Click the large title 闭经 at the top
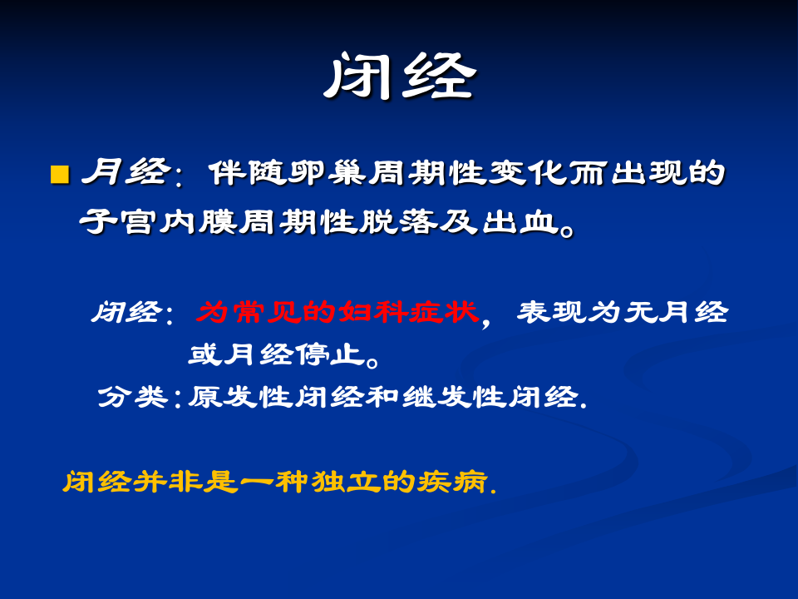coord(399,78)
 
